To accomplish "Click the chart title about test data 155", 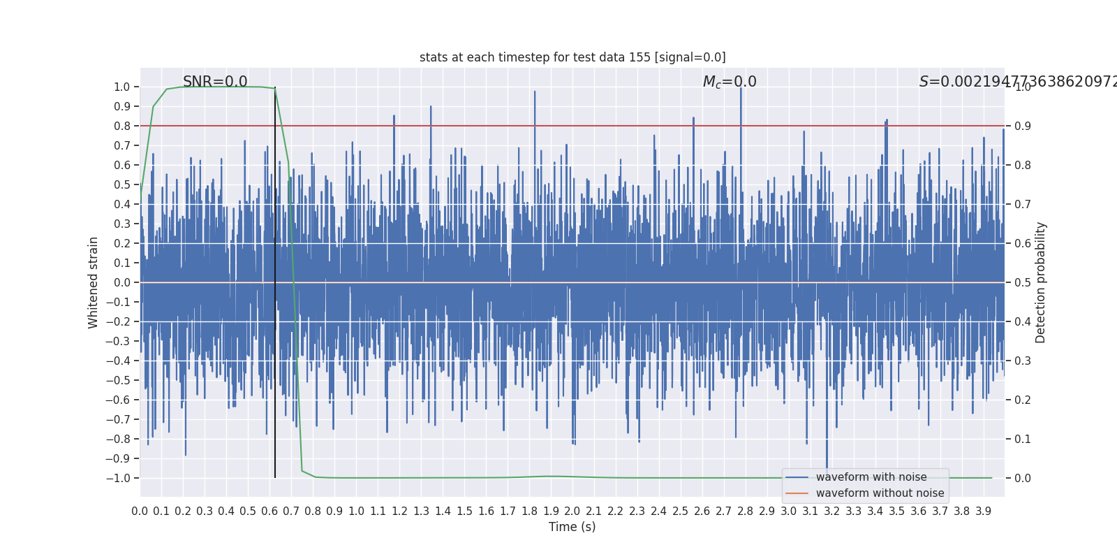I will [x=572, y=57].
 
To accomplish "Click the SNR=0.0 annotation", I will [x=215, y=82].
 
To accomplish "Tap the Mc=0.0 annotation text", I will [x=730, y=82].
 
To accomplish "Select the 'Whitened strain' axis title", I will [x=94, y=282].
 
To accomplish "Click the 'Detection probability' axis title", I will [x=1041, y=282].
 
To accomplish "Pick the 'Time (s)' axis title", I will [x=572, y=527].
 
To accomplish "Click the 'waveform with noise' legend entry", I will [x=871, y=477].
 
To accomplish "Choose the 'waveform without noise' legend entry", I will [x=880, y=493].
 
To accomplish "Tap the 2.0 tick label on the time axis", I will [x=572, y=511].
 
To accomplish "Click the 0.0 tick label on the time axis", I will [x=140, y=511].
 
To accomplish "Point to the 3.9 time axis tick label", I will [x=983, y=511].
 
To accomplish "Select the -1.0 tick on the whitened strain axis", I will [x=118, y=478].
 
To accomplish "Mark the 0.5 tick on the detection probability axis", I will [x=1023, y=282].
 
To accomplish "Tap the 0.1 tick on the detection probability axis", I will [x=1023, y=439].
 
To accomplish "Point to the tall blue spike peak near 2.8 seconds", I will [x=741, y=89].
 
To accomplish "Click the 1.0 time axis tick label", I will [x=356, y=511].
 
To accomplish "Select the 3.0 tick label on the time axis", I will [x=788, y=511].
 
